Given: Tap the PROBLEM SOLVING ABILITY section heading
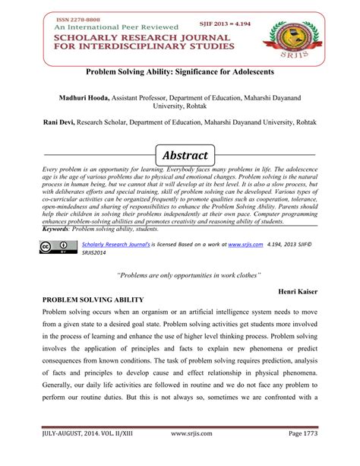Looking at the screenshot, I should coord(95,302).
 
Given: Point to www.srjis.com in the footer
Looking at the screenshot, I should coord(193,453).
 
